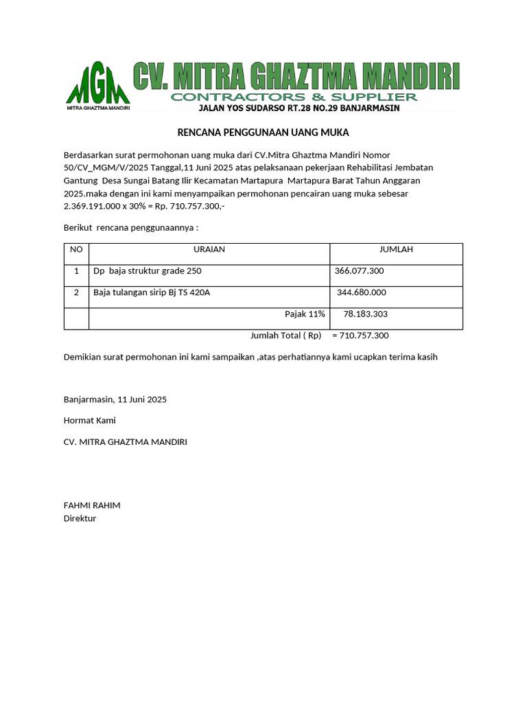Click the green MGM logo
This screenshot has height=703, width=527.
click(x=97, y=85)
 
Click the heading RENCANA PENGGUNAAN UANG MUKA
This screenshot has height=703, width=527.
click(x=263, y=132)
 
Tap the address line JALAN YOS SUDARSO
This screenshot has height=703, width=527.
click(x=298, y=108)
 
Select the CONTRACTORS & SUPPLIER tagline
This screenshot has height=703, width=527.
click(x=294, y=97)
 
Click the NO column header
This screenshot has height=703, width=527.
click(x=76, y=250)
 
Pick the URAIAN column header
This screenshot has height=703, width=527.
click(x=209, y=250)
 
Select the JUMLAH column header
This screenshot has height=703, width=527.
click(x=396, y=250)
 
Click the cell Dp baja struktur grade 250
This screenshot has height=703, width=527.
click(x=148, y=271)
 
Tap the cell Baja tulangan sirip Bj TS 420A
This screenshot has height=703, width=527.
click(x=152, y=292)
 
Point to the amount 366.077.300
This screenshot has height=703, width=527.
click(x=359, y=271)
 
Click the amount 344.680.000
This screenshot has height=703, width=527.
click(x=362, y=292)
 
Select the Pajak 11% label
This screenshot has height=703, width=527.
click(x=305, y=314)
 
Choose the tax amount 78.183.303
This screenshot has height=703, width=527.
click(x=366, y=314)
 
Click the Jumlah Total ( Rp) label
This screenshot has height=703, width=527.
click(x=285, y=336)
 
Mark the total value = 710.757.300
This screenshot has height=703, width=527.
click(x=360, y=336)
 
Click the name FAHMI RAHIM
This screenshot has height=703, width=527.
click(x=92, y=505)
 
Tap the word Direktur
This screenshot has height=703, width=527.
click(x=80, y=518)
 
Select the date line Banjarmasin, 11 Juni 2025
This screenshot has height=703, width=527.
click(x=115, y=399)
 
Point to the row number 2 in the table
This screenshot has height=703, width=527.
click(x=76, y=292)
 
